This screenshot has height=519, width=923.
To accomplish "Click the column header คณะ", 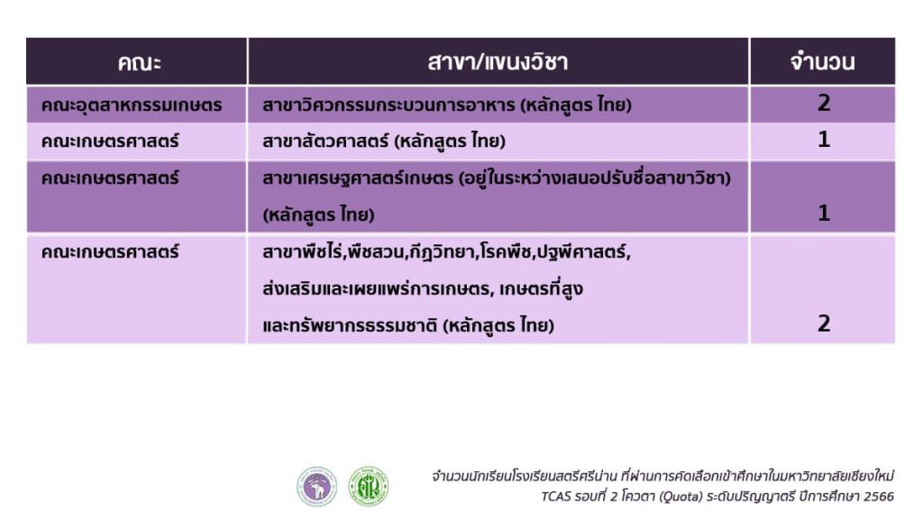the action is (139, 62).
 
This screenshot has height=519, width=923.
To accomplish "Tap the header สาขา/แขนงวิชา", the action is (498, 62).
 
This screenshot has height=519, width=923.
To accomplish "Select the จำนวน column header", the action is (822, 62).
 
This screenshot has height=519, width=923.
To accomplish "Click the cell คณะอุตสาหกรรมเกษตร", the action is (132, 105).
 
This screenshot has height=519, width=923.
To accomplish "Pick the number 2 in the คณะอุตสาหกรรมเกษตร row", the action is (824, 103).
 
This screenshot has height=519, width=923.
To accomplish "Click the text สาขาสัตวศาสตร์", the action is (325, 141).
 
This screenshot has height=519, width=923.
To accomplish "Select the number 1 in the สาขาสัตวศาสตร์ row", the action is (824, 140).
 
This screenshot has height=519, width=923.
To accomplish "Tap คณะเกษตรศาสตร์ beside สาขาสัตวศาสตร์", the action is (109, 141).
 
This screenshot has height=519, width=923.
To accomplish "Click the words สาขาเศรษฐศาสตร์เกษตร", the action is (358, 178).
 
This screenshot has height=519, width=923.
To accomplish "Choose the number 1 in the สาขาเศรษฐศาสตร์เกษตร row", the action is (824, 213).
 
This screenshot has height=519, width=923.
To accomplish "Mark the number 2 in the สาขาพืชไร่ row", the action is (824, 323).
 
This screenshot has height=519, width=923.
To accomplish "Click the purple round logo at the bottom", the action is (316, 487).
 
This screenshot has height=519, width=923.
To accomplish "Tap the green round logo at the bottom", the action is (369, 487).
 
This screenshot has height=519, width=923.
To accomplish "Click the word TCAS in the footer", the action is (556, 496).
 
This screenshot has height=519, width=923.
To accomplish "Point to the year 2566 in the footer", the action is (879, 496).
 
